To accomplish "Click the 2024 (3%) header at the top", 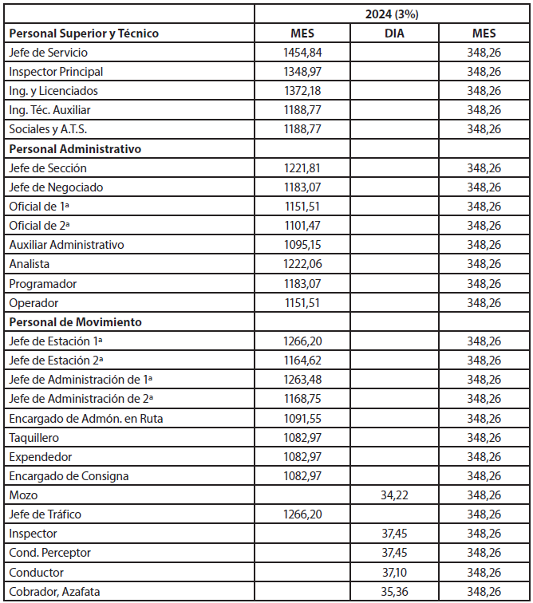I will [x=393, y=14].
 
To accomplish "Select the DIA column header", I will [x=393, y=33].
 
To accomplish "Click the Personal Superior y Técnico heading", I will [x=84, y=33].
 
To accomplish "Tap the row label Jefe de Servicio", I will [x=48, y=53].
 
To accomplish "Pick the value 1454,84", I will [x=302, y=53].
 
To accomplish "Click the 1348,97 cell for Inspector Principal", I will [x=302, y=72].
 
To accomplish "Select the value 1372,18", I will [x=302, y=91].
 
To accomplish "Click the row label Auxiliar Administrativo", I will [x=66, y=245].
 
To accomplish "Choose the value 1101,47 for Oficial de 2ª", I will [x=302, y=226].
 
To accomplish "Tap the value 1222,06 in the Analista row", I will [x=302, y=264].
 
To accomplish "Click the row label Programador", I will [x=44, y=283].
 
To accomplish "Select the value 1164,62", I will [x=302, y=361].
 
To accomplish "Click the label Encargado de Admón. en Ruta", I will [x=85, y=418].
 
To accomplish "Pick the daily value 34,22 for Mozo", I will [x=393, y=495].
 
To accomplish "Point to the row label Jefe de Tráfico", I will [x=45, y=514].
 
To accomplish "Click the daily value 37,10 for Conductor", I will [x=393, y=573].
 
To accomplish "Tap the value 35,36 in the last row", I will [x=393, y=592].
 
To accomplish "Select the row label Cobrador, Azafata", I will [x=55, y=592].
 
